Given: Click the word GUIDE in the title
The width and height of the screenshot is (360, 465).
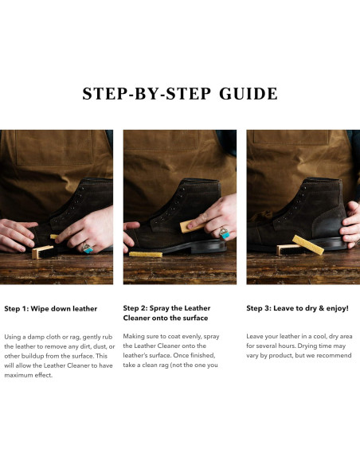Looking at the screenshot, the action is (248, 94).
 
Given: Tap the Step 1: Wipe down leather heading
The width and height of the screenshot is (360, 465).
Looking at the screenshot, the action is (51, 309).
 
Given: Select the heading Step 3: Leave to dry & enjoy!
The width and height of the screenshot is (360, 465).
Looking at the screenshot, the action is (297, 308).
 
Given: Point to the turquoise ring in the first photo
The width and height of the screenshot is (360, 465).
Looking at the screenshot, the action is (88, 248).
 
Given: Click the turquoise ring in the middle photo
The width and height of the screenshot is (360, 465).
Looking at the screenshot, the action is (225, 233).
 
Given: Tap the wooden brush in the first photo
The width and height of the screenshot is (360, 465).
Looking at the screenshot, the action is (44, 252).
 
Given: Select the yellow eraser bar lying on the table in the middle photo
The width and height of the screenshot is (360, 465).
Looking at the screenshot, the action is (146, 254).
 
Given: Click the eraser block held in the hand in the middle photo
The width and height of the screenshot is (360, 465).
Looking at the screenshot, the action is (192, 226).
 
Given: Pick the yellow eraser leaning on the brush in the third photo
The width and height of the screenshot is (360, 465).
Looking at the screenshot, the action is (308, 245).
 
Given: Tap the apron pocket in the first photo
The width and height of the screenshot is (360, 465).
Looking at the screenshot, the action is (54, 147).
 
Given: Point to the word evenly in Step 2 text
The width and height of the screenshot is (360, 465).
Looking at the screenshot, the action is (192, 337).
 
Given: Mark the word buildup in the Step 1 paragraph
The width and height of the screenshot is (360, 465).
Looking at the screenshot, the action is (33, 356).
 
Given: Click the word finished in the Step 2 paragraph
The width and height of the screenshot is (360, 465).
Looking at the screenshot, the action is (203, 355).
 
